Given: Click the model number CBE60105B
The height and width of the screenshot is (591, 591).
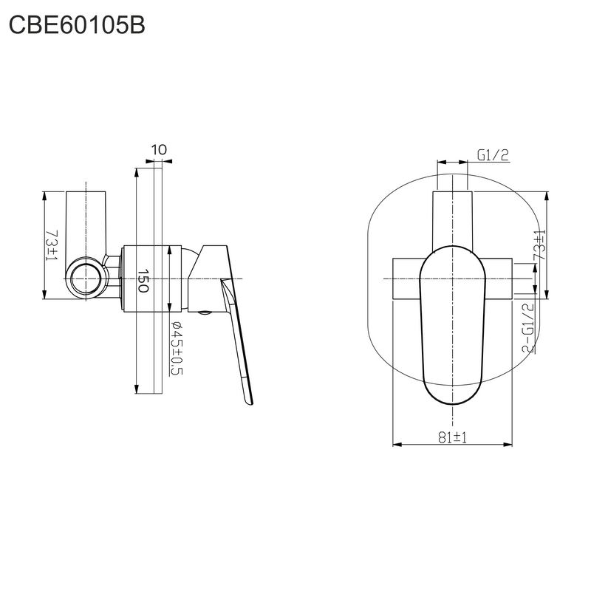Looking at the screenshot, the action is (x=77, y=26).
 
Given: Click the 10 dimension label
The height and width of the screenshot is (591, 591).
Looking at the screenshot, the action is (x=159, y=150).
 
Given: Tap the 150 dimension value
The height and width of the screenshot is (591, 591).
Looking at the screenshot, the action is (x=143, y=281).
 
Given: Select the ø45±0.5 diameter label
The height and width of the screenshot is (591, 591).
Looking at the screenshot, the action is (x=176, y=348).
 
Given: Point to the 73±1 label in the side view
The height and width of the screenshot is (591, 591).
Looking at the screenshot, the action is (x=52, y=245).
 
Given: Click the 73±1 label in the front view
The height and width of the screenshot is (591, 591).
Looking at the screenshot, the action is (x=539, y=245).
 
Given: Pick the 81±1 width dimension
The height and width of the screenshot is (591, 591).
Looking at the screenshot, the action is (x=452, y=437).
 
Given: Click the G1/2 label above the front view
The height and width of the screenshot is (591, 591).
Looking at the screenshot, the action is (x=493, y=155).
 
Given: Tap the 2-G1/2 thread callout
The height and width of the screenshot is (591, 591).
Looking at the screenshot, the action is (x=528, y=327).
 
